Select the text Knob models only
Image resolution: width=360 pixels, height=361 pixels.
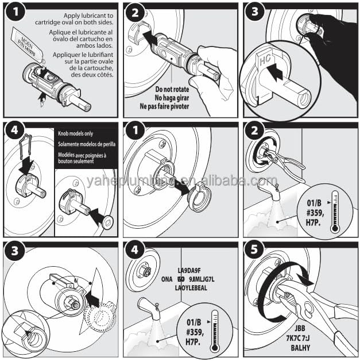[x=78, y=133]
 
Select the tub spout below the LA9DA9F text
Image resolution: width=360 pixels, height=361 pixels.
[x=148, y=310]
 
